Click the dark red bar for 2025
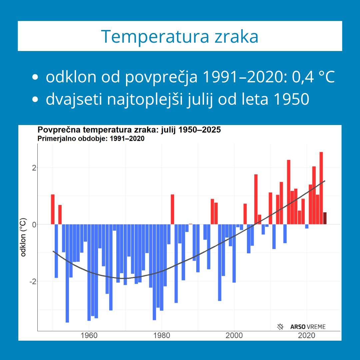(325, 218)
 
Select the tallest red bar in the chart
(321, 188)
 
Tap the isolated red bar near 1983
(172, 209)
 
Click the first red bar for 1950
(53, 209)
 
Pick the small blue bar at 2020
(307, 226)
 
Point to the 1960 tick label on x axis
(89, 335)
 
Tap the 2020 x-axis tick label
(307, 335)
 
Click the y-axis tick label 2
(34, 168)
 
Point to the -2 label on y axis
(32, 282)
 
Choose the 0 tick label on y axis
(34, 225)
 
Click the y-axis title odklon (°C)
(23, 237)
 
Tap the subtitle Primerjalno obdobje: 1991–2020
(91, 139)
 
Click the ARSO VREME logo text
(308, 327)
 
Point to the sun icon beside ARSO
(280, 327)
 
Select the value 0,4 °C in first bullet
(313, 77)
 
